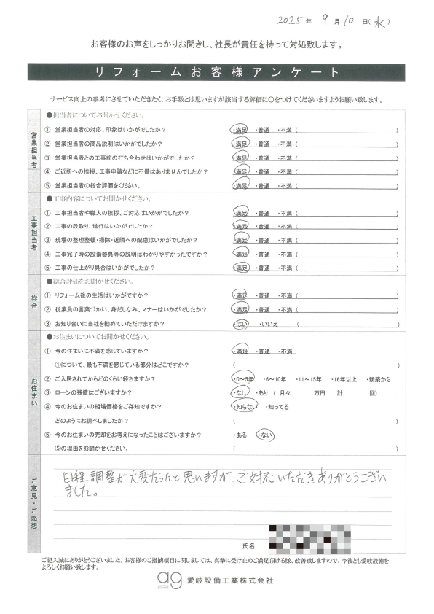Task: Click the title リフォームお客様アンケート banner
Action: point(216,72)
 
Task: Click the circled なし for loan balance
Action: point(238,393)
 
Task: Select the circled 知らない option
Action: point(242,407)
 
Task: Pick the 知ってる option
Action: point(277,407)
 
